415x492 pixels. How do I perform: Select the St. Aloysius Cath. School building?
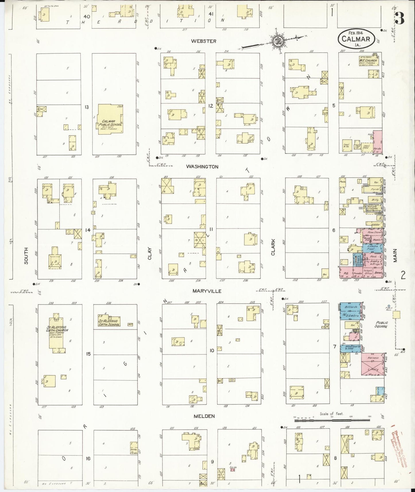(109, 321)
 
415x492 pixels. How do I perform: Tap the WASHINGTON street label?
(202, 166)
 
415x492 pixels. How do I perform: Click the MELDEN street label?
(204, 416)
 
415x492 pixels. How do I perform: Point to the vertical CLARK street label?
(273, 247)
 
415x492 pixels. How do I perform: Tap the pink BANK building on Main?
(377, 273)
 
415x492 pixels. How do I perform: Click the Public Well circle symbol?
(389, 306)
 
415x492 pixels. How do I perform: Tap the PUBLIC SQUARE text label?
(381, 325)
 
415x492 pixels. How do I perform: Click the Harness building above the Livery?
(372, 358)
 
